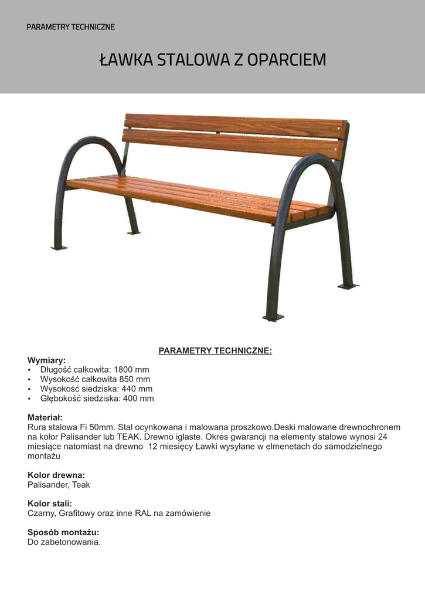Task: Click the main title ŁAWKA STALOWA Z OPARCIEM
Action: pyautogui.click(x=212, y=60)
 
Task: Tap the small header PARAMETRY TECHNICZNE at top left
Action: pyautogui.click(x=70, y=27)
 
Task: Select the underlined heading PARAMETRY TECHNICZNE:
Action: pyautogui.click(x=215, y=351)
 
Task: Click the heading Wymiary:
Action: pyautogui.click(x=46, y=360)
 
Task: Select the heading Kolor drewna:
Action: pyautogui.click(x=56, y=474)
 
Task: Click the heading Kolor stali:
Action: pyautogui.click(x=50, y=503)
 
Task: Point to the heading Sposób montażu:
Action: pyautogui.click(x=63, y=532)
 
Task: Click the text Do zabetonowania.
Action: pyautogui.click(x=64, y=542)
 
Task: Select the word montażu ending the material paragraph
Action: pyautogui.click(x=44, y=455)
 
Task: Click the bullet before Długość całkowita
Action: pyautogui.click(x=30, y=370)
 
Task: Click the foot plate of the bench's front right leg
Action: pyautogui.click(x=273, y=318)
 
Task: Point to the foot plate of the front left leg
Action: pyautogui.click(x=59, y=247)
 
